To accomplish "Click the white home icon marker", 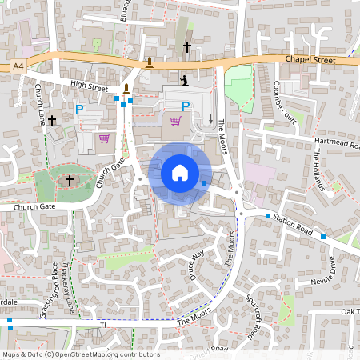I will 180,172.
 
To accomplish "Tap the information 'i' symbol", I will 186,81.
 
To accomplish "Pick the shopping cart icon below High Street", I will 103,137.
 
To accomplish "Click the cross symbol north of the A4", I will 187,47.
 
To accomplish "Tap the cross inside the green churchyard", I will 69,181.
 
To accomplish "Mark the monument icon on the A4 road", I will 150,62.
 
